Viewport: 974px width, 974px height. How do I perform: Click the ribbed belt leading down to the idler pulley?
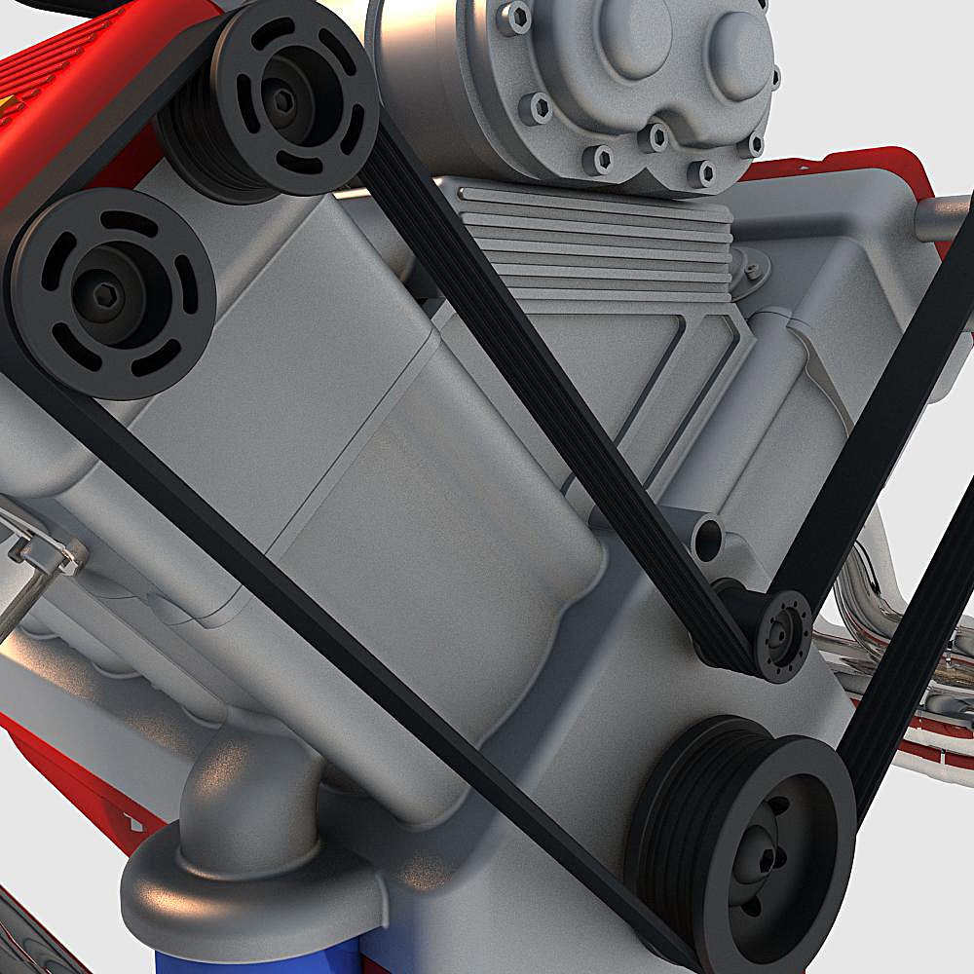point(545,390)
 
